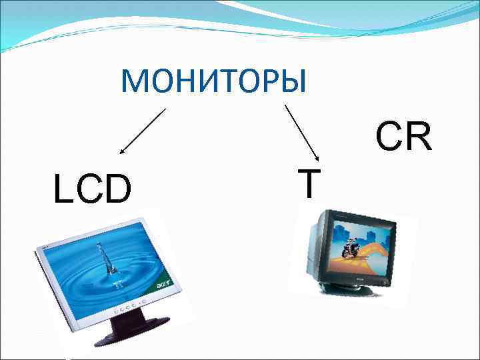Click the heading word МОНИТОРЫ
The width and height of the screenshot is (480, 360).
(213, 81)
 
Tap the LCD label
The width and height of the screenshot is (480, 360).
(93, 189)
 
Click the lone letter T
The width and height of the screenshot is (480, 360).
(308, 183)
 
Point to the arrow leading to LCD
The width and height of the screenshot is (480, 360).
(141, 132)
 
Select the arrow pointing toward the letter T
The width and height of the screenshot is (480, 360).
(303, 131)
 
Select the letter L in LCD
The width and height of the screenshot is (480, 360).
(62, 189)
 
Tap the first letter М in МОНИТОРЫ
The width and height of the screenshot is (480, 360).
(133, 81)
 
